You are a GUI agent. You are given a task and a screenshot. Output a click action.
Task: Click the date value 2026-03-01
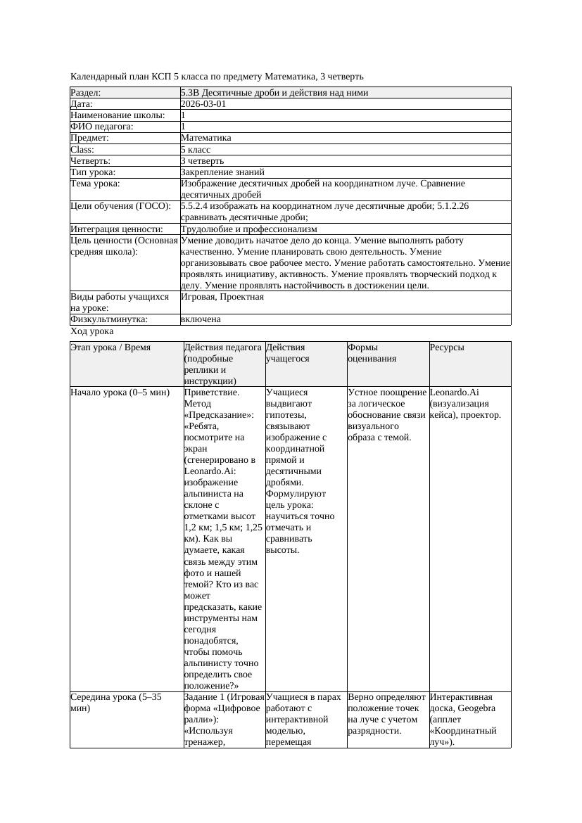tap(203, 104)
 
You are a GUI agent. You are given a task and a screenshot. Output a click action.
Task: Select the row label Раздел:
tap(86, 93)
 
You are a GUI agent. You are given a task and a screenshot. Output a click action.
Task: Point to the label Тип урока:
tap(93, 172)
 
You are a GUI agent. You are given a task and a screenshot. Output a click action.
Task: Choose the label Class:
tap(82, 150)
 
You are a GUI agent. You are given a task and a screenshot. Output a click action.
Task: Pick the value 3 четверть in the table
tap(202, 161)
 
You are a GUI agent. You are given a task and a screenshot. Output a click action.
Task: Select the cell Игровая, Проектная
tap(222, 297)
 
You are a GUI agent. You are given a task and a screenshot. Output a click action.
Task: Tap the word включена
tap(201, 319)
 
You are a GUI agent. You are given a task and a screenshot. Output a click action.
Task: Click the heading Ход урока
tap(92, 331)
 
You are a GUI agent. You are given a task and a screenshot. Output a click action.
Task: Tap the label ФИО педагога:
tap(102, 127)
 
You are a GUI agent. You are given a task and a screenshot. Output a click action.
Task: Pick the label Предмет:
tap(90, 138)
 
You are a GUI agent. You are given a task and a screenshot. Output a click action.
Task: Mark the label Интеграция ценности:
tap(117, 229)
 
